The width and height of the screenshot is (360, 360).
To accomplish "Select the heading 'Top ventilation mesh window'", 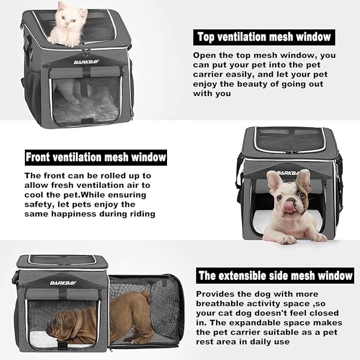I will (264, 37).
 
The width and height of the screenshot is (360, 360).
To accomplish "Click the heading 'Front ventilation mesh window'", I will (96, 157).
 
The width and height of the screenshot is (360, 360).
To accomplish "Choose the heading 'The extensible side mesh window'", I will (275, 276).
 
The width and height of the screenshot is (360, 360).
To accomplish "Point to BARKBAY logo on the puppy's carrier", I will (63, 283).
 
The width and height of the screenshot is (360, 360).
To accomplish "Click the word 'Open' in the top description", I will (205, 55).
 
